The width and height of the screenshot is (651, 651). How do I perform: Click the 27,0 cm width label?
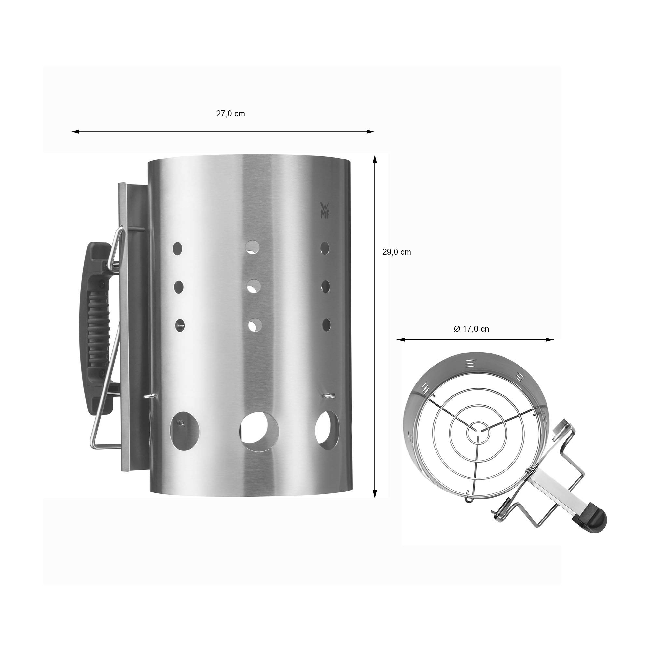point(230,114)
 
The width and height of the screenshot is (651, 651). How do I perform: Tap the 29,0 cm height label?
point(396,252)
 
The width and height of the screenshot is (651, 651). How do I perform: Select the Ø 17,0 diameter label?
point(471,329)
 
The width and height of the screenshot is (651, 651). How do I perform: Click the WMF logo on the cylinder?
point(325,211)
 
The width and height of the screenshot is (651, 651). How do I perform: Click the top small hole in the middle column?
point(252,247)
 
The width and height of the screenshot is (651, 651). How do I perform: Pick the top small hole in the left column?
point(178,248)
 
